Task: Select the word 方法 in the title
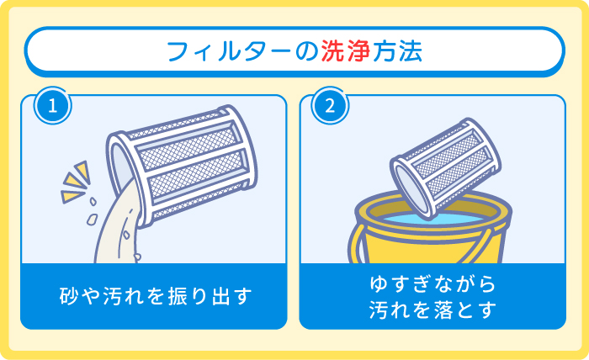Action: [x=396, y=52]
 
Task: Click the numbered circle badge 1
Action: [x=52, y=108]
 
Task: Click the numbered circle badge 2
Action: [x=329, y=108]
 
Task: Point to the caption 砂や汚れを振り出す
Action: [x=156, y=296]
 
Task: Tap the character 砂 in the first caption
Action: [x=69, y=296]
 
